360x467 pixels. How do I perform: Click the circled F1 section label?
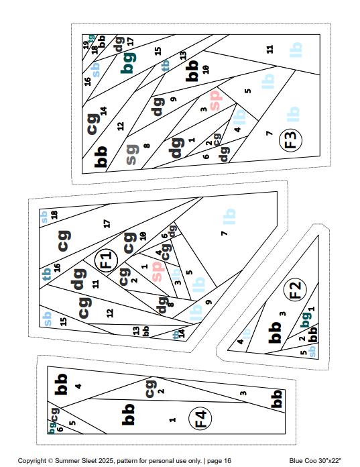click(105, 260)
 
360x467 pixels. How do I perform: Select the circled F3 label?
click(291, 140)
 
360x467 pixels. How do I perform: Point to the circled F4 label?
click(200, 419)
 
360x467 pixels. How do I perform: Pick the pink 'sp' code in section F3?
click(215, 100)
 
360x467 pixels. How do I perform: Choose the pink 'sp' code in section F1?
click(157, 271)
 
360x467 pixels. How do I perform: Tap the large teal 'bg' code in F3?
click(127, 65)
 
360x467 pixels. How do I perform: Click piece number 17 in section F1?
click(107, 223)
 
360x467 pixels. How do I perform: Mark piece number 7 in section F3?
click(269, 134)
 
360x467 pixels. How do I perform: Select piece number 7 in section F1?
click(224, 233)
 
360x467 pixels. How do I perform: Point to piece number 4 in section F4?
click(78, 386)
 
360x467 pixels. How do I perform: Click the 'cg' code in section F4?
click(150, 387)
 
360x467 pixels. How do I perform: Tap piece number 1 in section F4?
click(173, 420)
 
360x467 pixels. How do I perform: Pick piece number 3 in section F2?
click(283, 313)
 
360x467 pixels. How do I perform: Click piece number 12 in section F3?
click(121, 125)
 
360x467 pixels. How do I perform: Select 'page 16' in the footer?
click(218, 461)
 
